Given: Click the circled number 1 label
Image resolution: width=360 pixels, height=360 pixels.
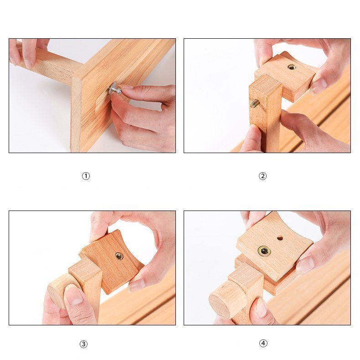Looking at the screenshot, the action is coord(86,176).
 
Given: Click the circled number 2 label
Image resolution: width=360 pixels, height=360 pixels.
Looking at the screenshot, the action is coord(262,176).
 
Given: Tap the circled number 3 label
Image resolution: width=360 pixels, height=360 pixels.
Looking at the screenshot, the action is coord(83,344).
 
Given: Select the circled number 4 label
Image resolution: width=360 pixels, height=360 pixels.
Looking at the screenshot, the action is coord(263,343).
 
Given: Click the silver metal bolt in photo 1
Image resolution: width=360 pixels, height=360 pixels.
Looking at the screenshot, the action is coord(115,89).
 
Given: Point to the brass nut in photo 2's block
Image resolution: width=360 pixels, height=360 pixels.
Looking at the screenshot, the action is coord(292,67).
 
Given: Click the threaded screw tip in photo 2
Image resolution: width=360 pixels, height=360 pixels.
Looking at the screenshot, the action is coord(255,103).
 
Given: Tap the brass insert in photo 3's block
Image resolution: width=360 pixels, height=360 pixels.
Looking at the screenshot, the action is coord(119,256).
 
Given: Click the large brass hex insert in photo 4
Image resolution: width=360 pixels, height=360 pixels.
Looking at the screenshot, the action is coord(264,251).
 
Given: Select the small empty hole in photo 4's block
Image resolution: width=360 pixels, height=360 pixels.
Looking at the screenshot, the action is coord(280,238).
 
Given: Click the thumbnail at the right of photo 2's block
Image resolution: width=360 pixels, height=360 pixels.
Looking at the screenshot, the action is coord(319,86).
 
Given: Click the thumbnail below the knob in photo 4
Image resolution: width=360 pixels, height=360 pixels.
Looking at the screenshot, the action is coord(262,308).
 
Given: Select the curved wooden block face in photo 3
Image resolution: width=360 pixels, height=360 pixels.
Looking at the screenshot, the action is coord(113,261).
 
